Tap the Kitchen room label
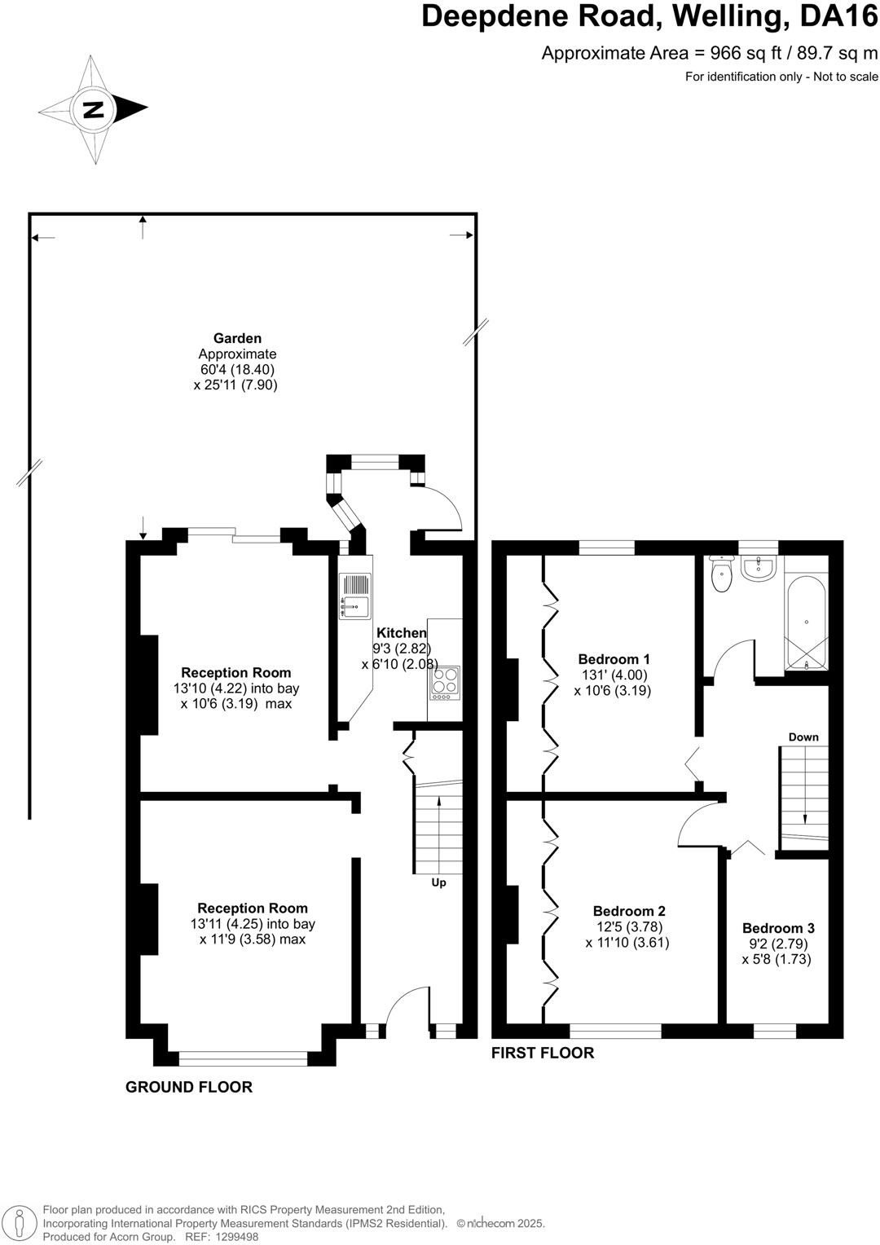(401, 633)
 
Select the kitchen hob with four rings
(445, 683)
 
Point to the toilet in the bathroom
(722, 574)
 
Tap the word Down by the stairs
(803, 737)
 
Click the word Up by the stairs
(438, 882)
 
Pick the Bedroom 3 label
(778, 928)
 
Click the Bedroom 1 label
(614, 659)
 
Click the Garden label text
(237, 338)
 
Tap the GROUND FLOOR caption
(189, 1087)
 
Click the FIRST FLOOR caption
(543, 1053)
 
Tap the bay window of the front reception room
(243, 1058)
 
